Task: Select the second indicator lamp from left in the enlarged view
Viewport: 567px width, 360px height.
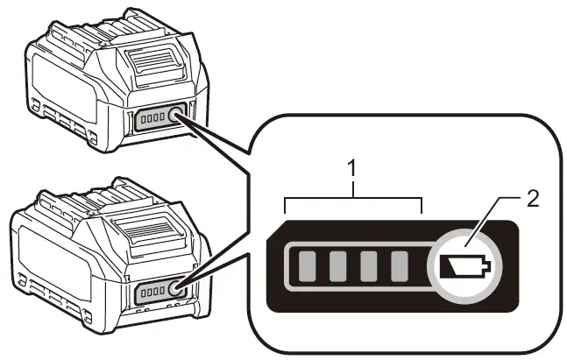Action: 339,265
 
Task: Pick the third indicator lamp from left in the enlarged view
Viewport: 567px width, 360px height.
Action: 370,265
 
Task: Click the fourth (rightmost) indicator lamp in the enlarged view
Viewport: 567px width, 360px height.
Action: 400,265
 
